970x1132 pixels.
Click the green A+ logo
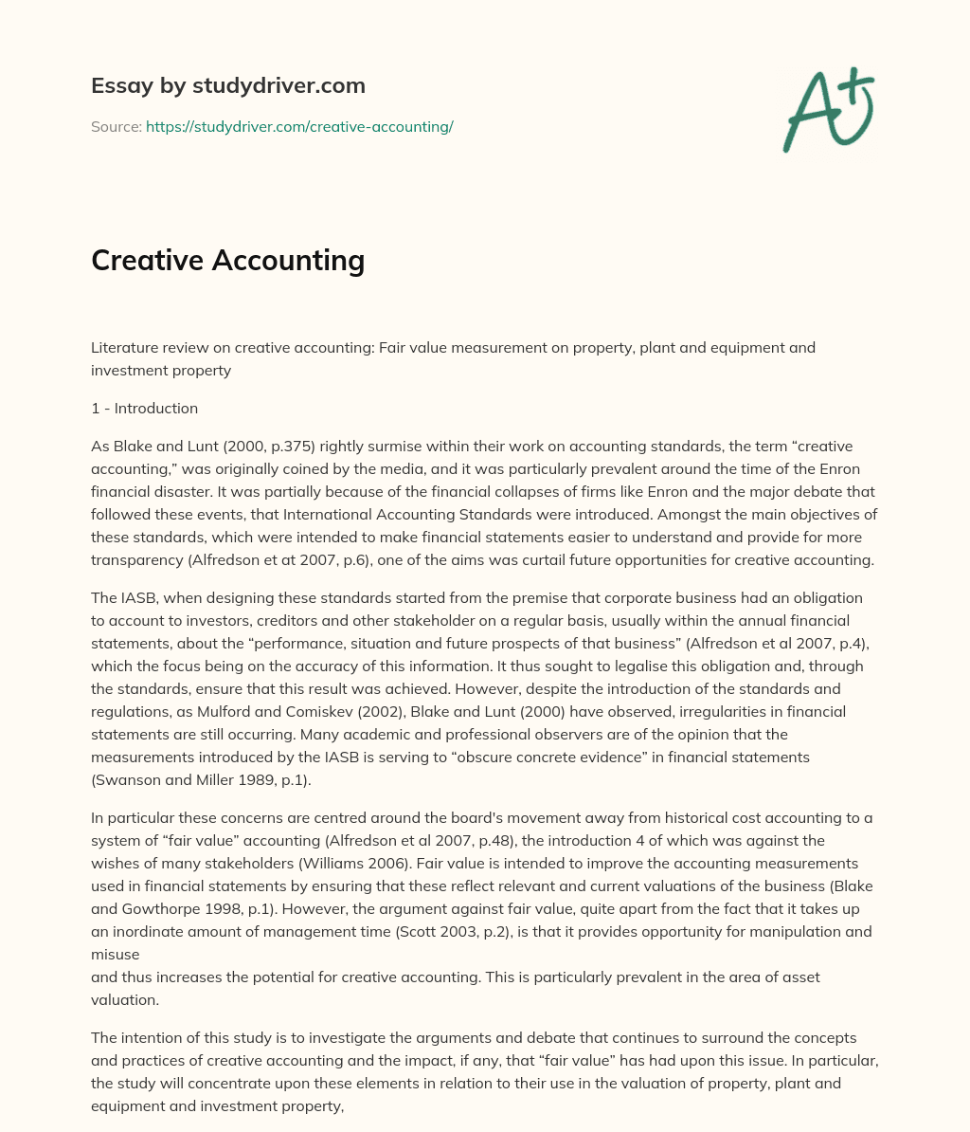click(x=828, y=109)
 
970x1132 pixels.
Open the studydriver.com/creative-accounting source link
click(x=299, y=126)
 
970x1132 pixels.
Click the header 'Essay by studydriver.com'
click(x=227, y=85)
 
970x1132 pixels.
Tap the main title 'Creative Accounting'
click(x=227, y=260)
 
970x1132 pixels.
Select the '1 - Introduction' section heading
click(x=144, y=409)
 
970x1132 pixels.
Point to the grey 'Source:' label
click(x=116, y=126)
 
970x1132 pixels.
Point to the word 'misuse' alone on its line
click(x=116, y=955)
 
